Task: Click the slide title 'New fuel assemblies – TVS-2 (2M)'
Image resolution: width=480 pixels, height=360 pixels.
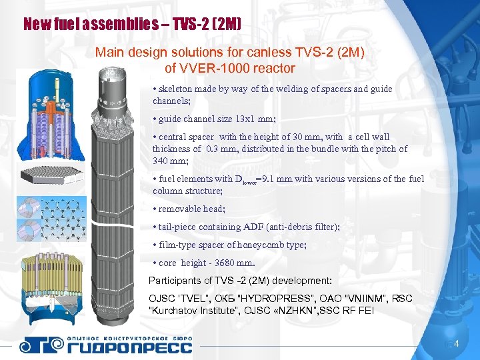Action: (132, 25)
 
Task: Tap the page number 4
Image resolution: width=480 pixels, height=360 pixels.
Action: (456, 344)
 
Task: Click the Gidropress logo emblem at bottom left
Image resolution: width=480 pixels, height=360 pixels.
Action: (41, 345)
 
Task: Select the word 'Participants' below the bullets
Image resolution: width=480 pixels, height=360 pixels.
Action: (172, 280)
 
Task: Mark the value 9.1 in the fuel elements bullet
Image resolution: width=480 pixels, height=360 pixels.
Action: (268, 179)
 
